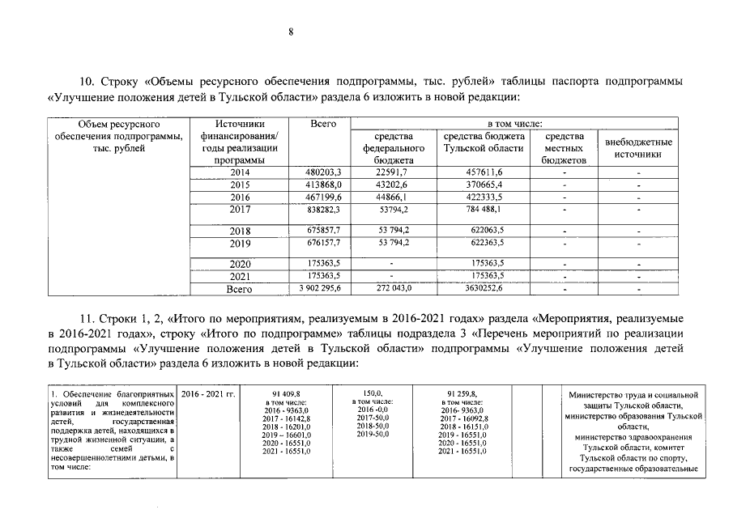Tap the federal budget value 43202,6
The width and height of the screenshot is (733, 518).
pyautogui.click(x=390, y=185)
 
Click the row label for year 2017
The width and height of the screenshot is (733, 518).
pyautogui.click(x=241, y=210)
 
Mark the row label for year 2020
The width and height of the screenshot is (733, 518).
pyautogui.click(x=241, y=264)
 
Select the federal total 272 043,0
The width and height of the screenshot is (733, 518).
pyautogui.click(x=390, y=288)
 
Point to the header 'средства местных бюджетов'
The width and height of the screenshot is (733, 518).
pyautogui.click(x=564, y=148)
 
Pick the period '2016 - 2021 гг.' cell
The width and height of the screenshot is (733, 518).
pyautogui.click(x=208, y=393)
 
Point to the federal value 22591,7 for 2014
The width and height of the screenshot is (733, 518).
pyautogui.click(x=390, y=172)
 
